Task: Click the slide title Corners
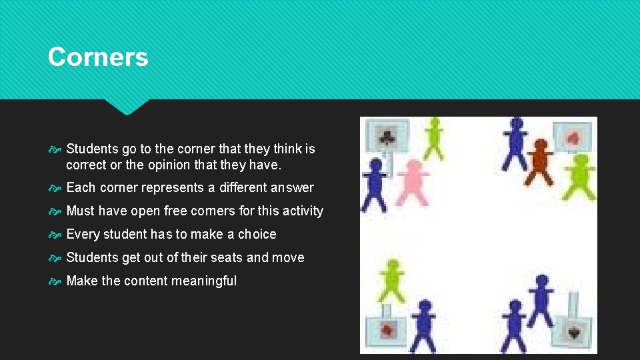(98, 57)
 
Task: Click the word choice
(257, 234)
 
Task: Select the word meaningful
(203, 281)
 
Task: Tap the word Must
(81, 211)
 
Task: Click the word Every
(82, 234)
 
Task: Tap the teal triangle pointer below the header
(127, 107)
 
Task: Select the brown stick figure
(539, 162)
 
